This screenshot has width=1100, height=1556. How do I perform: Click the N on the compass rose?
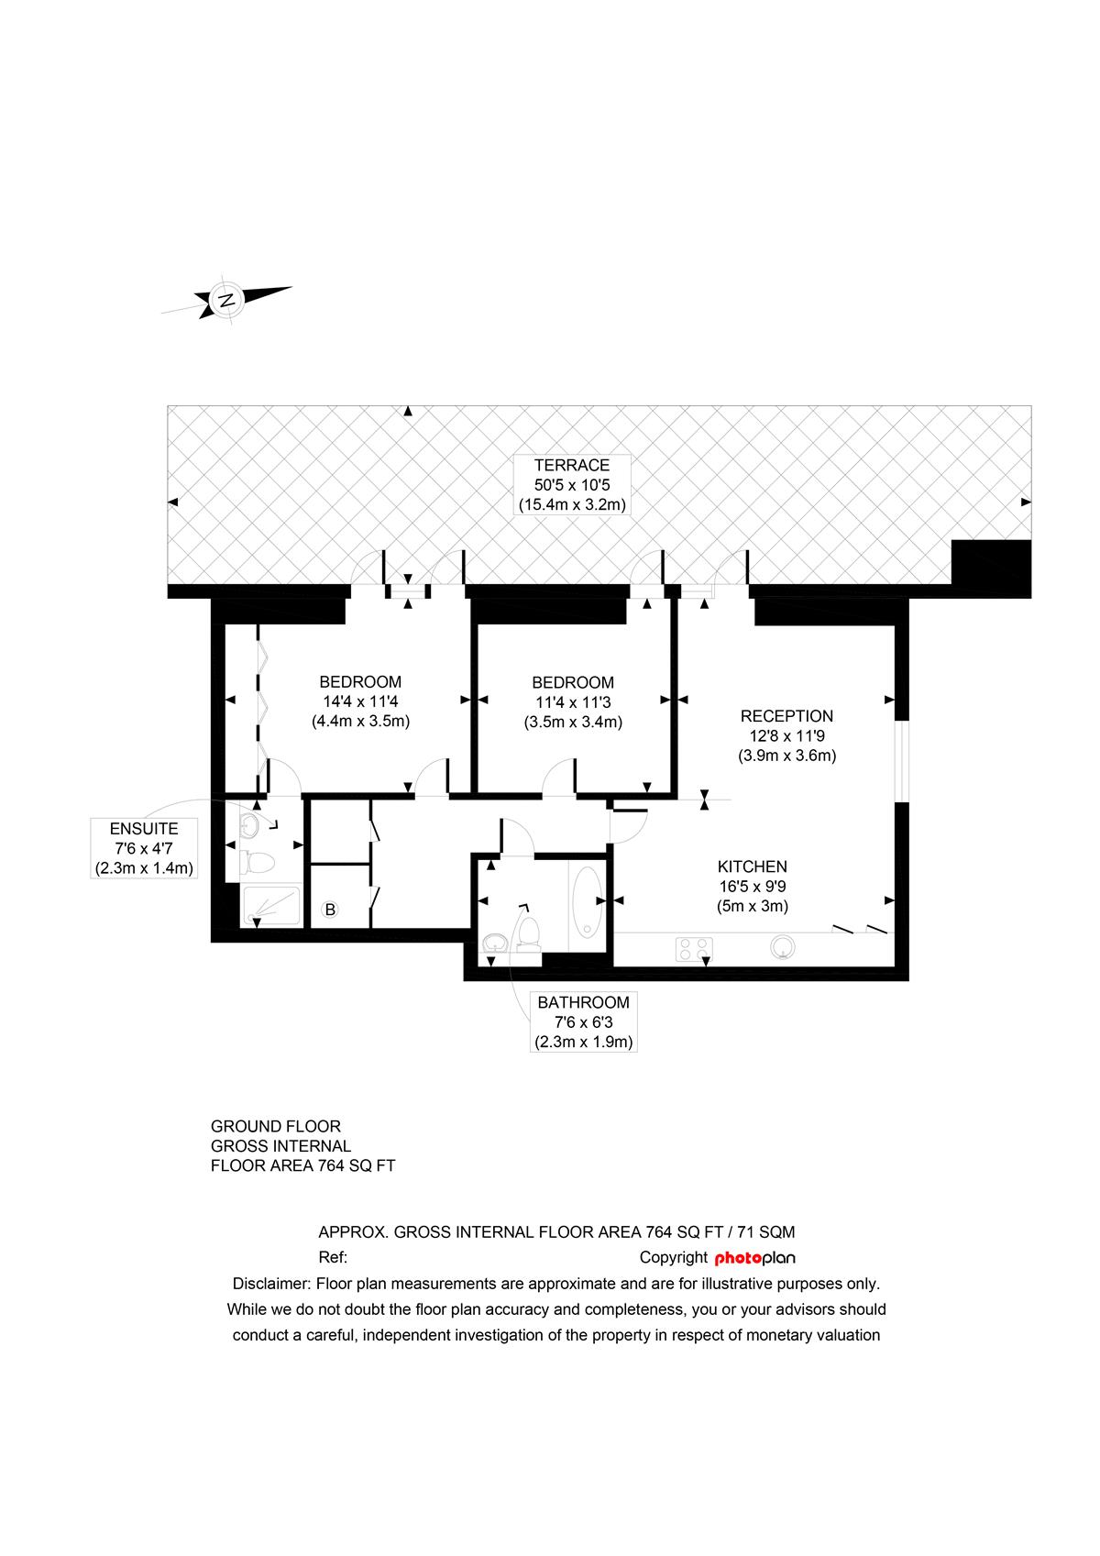coord(225,300)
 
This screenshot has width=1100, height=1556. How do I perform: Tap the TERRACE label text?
coord(571,465)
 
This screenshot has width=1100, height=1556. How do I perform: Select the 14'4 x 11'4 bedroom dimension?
coord(360,701)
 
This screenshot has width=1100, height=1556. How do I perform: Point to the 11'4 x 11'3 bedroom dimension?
coord(573,702)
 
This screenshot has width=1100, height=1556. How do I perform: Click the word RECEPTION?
coord(786,716)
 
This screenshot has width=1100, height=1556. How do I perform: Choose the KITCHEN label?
coord(752,866)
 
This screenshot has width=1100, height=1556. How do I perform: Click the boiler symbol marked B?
coord(330,910)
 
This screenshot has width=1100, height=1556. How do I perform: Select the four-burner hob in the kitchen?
coord(694,949)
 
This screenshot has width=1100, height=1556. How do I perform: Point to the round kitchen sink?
coord(782,947)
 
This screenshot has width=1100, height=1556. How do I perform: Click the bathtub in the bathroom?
coord(588,901)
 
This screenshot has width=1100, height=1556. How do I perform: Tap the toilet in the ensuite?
coord(257,863)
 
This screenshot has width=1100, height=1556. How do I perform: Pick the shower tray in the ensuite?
coord(270,905)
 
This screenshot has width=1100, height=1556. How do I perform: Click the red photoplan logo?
coord(754,1258)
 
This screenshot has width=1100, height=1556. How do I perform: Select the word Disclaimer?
coord(271,1284)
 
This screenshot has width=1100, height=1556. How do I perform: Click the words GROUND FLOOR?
coord(276,1126)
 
